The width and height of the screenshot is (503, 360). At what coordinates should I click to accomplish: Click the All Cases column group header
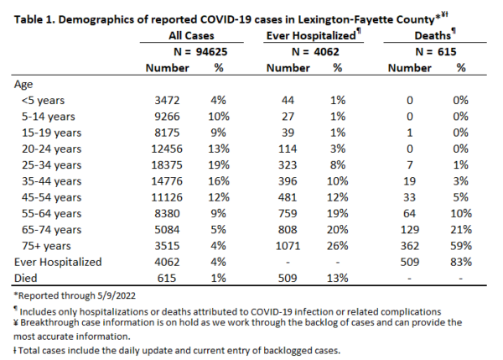[x=191, y=35]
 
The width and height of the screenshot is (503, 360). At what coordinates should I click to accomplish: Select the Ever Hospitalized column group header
[x=311, y=35]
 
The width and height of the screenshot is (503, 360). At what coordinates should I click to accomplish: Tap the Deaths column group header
[x=433, y=35]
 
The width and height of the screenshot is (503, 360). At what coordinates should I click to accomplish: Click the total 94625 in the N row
[x=212, y=52]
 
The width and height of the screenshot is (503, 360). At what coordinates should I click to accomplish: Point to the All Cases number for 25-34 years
[x=167, y=165]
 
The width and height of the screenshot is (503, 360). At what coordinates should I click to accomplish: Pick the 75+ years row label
[x=46, y=246]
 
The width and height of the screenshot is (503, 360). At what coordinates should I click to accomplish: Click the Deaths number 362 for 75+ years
[x=410, y=246]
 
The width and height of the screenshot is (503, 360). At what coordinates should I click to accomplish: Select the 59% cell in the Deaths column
[x=461, y=246]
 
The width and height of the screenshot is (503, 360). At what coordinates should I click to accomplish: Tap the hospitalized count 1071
[x=288, y=246]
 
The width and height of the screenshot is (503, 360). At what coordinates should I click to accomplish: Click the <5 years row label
[x=43, y=101]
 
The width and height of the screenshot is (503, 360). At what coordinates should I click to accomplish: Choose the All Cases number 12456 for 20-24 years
[x=167, y=149]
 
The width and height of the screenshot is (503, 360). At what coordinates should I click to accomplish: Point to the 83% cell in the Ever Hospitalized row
[x=461, y=262]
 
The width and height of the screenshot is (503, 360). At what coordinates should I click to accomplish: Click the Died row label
[x=26, y=278]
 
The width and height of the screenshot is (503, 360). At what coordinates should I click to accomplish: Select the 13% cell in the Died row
[x=338, y=278]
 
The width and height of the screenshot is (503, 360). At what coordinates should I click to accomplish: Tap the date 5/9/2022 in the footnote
[x=117, y=295]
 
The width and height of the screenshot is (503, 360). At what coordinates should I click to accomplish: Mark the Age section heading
[x=23, y=85]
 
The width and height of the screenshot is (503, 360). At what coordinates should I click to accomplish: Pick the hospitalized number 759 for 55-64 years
[x=288, y=213]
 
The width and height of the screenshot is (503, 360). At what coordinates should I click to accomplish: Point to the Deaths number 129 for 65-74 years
[x=410, y=230]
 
